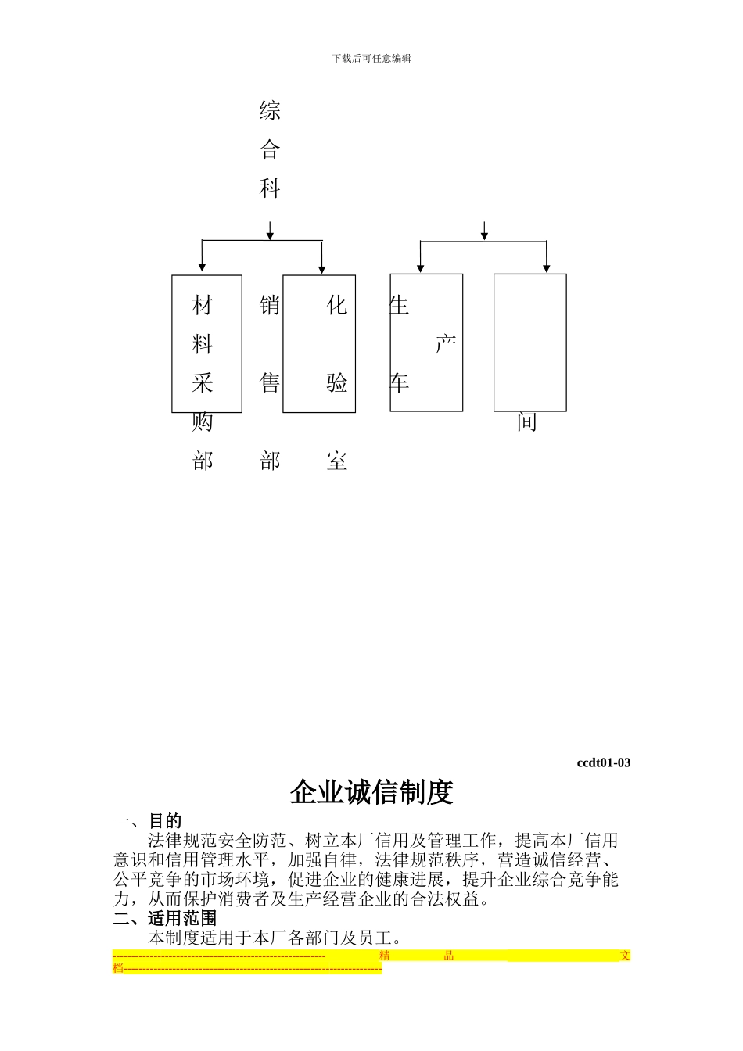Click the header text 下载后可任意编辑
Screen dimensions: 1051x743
click(371, 58)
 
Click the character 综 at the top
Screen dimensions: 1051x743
click(270, 111)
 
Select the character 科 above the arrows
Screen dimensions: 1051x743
click(270, 188)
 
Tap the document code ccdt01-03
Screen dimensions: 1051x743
click(603, 762)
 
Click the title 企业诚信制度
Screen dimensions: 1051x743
click(371, 792)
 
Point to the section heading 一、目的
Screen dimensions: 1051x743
click(148, 821)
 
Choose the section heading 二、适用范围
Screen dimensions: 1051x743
click(165, 918)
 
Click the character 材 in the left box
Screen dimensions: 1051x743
click(203, 305)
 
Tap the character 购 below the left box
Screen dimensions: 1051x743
click(203, 422)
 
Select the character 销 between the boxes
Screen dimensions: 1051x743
click(270, 305)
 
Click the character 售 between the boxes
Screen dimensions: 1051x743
click(270, 383)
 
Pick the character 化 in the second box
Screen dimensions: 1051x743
click(337, 305)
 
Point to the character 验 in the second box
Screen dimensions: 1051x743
click(337, 383)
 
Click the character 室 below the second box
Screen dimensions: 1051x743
click(337, 461)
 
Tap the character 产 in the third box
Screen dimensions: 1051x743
click(445, 344)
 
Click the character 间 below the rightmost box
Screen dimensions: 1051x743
click(527, 422)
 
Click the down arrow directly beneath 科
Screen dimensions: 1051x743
click(270, 231)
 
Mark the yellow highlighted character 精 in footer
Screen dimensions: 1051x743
click(384, 956)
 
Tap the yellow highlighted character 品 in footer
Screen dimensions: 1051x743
click(449, 956)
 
